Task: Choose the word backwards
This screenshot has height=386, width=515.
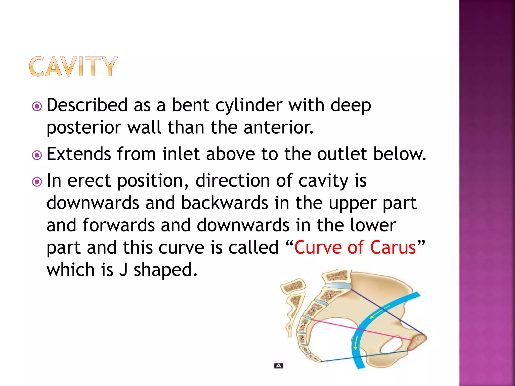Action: [225, 203]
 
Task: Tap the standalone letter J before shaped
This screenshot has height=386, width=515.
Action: [123, 270]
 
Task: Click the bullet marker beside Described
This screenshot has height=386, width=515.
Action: [37, 106]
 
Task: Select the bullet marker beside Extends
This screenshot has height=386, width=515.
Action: [37, 155]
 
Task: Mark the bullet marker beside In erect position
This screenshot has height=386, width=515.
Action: [37, 182]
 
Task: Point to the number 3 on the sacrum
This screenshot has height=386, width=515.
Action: [303, 324]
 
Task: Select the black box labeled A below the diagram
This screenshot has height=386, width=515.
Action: [279, 366]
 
